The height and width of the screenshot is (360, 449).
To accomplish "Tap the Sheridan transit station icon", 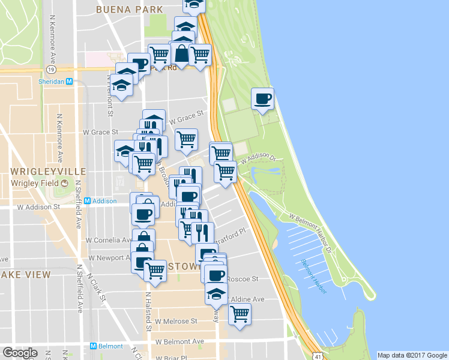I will [x=69, y=82].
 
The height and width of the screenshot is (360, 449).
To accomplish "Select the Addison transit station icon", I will [x=87, y=201].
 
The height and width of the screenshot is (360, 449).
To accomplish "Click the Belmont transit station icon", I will [x=93, y=346].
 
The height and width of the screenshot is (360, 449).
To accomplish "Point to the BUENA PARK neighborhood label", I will [x=129, y=10].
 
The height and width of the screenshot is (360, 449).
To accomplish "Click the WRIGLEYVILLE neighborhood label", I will [x=41, y=172].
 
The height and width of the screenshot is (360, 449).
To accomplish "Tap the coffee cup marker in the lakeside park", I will [x=262, y=99].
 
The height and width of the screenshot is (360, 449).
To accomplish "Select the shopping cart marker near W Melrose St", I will [x=240, y=314].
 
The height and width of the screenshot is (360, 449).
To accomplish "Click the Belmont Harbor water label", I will [x=313, y=275].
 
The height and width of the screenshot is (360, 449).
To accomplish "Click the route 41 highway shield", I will [x=316, y=356].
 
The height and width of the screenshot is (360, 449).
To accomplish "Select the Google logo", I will [x=20, y=353].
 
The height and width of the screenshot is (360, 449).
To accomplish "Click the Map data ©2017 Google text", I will [x=412, y=355].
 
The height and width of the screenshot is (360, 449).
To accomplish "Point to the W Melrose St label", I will [x=176, y=322].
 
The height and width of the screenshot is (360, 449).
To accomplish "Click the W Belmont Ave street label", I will [x=179, y=341].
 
